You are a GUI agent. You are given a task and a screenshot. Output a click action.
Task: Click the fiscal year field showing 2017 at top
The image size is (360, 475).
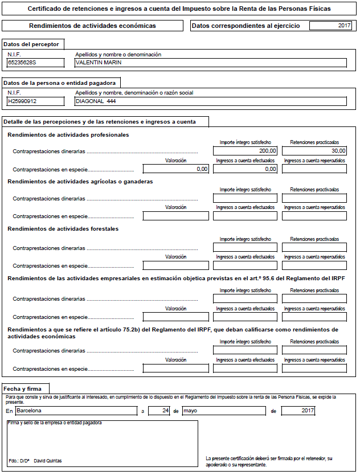331,26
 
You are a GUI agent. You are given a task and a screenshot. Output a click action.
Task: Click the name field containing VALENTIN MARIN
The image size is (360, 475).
211,63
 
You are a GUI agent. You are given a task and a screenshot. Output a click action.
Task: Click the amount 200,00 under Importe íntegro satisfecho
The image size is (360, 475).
246,151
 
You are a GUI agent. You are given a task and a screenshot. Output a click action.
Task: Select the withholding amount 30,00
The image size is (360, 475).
314,151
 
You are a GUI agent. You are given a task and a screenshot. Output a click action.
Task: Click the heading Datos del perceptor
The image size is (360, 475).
30,44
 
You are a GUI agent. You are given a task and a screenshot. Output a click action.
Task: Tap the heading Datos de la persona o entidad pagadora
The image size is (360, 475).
59,83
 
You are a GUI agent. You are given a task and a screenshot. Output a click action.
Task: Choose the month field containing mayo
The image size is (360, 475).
223,411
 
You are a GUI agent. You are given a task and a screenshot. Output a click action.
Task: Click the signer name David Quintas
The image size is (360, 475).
48,460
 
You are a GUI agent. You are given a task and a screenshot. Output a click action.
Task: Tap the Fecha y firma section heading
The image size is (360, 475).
26,388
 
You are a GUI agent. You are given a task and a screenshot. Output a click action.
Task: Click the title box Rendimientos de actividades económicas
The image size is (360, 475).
92,26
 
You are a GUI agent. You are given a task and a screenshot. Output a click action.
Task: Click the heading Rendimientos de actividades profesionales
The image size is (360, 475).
68,135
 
